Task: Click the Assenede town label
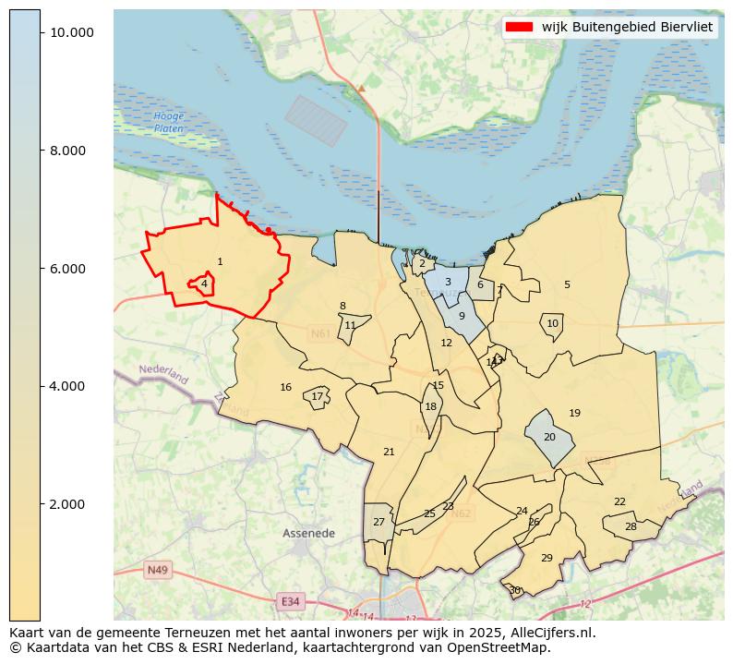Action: (308, 534)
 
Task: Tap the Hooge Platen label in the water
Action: (169, 122)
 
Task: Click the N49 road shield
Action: (157, 570)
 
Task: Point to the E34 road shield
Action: (291, 601)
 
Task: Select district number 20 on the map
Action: (549, 437)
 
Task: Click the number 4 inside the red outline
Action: (204, 284)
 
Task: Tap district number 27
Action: (379, 523)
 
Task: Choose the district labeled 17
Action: (317, 397)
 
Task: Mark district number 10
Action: (552, 324)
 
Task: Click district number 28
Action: (631, 527)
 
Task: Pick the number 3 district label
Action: (448, 283)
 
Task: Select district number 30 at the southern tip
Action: (514, 590)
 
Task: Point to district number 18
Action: (430, 407)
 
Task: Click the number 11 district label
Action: (350, 326)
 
